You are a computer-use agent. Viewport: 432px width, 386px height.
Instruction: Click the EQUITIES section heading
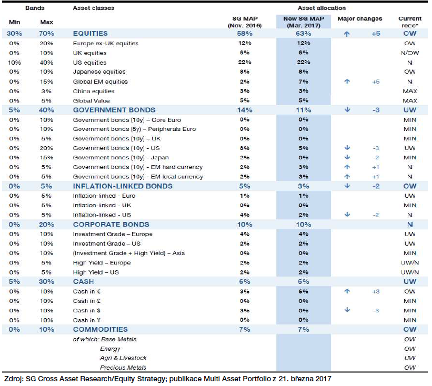pos(90,34)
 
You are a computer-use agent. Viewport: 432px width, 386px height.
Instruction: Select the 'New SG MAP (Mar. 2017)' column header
pos(304,22)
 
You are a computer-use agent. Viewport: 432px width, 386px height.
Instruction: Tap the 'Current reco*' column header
pos(410,22)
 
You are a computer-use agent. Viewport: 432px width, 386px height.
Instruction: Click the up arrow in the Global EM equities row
pos(347,82)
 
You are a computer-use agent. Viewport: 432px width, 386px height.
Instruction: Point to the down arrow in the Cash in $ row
pos(347,310)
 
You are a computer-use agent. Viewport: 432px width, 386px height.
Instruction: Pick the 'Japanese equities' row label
pos(99,72)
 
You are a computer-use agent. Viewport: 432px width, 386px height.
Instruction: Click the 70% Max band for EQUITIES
pos(46,34)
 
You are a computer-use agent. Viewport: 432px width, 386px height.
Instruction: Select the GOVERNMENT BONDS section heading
pos(114,110)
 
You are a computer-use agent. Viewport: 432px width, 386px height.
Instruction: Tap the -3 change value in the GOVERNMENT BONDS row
pos(376,110)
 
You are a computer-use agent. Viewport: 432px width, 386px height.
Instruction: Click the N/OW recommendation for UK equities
pos(410,53)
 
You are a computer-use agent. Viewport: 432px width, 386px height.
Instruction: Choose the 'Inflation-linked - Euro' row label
pos(104,196)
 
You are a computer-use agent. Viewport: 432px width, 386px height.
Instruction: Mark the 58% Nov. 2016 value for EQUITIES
pos(245,34)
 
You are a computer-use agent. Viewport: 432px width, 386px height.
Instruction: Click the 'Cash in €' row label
pos(87,291)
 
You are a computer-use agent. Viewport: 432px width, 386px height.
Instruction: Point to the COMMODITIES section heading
pos(101,330)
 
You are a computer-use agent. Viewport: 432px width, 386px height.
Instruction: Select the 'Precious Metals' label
pos(123,368)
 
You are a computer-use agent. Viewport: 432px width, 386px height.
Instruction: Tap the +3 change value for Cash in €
pos(376,291)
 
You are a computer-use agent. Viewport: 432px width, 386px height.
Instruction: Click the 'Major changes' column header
pos(360,19)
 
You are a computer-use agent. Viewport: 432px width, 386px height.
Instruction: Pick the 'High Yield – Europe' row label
pos(102,262)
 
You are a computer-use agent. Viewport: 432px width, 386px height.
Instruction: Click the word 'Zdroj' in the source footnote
pos(13,379)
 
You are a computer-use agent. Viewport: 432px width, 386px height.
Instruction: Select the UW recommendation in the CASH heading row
pos(410,282)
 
